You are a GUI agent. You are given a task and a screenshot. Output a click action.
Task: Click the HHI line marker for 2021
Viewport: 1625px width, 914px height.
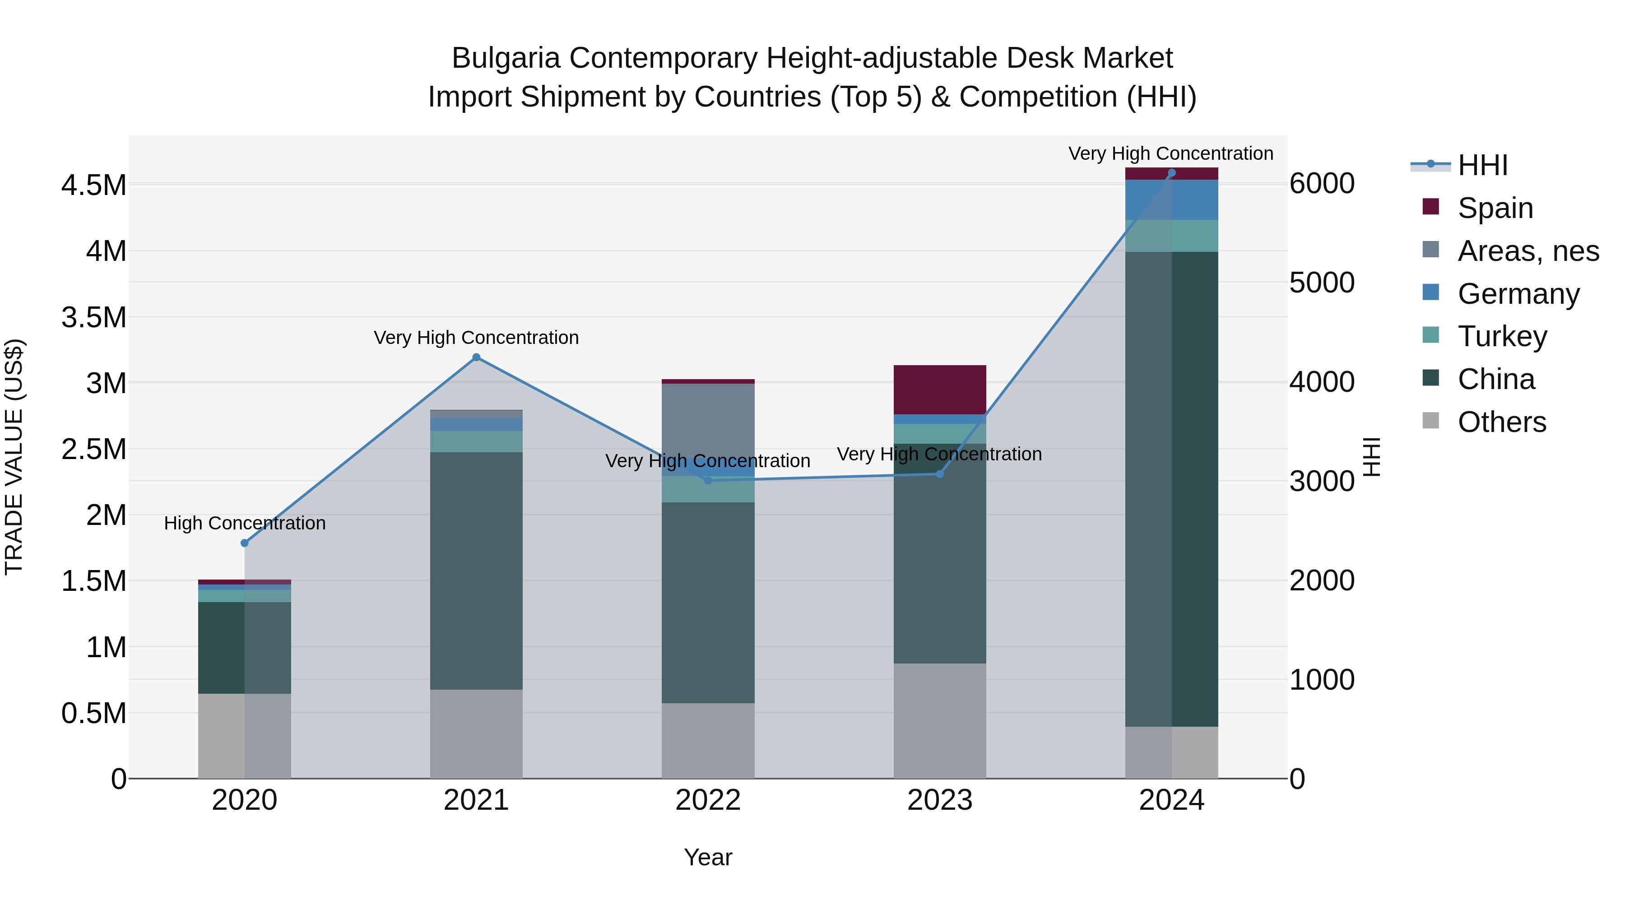tap(476, 357)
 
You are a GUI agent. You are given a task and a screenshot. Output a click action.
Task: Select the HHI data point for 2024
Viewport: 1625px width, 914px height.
tap(1171, 173)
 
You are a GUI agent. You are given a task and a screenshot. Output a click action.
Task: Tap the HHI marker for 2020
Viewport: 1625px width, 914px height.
tap(245, 543)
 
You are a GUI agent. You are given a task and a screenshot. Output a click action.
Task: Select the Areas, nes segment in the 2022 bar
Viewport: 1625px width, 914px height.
tap(708, 429)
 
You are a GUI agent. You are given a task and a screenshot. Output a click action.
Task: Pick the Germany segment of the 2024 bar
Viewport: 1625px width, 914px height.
tap(1171, 200)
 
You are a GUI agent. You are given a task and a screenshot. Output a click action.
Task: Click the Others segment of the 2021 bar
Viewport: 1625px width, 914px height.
tap(476, 733)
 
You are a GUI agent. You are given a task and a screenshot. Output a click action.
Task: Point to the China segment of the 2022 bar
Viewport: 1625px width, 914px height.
tap(708, 603)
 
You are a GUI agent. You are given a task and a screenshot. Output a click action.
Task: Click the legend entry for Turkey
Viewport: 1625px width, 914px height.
tap(1502, 336)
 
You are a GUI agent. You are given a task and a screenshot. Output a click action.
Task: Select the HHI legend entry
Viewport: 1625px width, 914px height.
tap(1482, 165)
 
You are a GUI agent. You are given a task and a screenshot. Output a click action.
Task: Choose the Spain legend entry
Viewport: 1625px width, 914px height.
tap(1495, 208)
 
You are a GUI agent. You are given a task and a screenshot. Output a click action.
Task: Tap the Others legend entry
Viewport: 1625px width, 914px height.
tap(1501, 422)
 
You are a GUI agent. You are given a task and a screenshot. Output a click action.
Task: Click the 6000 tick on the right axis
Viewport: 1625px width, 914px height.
tap(1322, 184)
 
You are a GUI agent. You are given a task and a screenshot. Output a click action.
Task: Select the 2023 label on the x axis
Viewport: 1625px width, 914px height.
tap(939, 800)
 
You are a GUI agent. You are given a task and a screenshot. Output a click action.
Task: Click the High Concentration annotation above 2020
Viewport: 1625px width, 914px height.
tap(245, 523)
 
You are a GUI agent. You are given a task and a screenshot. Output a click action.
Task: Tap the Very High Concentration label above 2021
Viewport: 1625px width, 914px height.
tap(476, 338)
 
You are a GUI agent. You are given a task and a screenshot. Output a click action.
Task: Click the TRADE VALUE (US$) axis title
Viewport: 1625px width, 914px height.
tap(14, 457)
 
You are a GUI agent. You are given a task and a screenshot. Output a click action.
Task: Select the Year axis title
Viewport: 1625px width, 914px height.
tap(708, 857)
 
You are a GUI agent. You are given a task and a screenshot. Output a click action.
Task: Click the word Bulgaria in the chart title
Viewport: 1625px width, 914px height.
tap(505, 58)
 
